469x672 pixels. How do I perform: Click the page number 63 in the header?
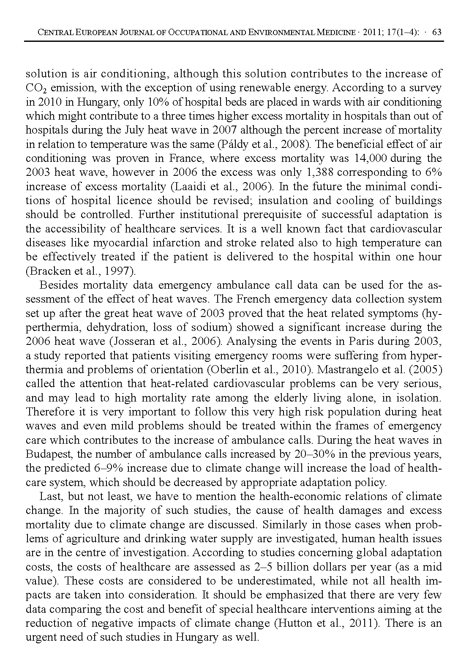coord(437,33)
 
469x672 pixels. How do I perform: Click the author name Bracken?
coord(45,271)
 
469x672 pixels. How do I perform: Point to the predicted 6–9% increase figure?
coord(107,468)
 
